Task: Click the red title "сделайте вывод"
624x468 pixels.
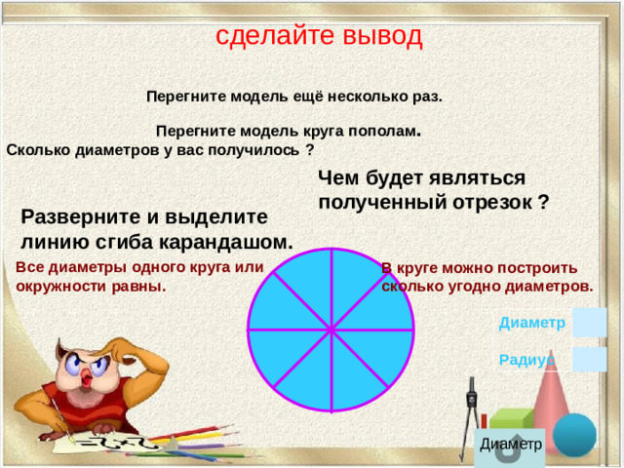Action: point(319,36)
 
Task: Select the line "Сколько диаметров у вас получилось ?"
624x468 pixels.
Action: point(160,150)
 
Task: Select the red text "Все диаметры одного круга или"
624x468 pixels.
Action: point(140,267)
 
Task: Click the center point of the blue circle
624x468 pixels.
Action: point(332,330)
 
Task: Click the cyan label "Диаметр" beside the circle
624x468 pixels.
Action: point(531,323)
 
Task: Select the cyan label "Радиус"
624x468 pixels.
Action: point(525,360)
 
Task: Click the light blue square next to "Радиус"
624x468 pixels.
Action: point(590,359)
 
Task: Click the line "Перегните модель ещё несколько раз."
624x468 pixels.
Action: point(293,97)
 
